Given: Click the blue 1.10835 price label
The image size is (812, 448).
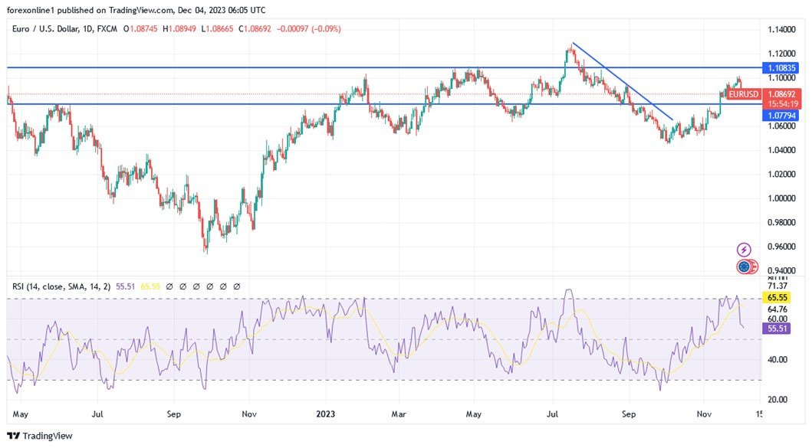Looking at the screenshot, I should click(x=781, y=68).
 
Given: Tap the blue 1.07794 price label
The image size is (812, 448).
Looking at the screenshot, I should click(x=781, y=115).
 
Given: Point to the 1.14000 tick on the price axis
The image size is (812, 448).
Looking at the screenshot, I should click(x=781, y=29).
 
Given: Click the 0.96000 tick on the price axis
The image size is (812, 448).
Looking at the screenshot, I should click(x=781, y=247).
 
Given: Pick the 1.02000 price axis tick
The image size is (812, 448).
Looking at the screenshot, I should click(x=781, y=174).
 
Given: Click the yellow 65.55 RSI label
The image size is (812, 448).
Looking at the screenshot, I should click(x=778, y=297).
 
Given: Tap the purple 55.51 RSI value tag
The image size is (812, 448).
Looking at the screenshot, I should click(x=778, y=328).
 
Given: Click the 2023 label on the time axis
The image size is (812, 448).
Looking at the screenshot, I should click(x=326, y=414).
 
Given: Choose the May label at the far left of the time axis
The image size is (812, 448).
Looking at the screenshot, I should click(x=21, y=414).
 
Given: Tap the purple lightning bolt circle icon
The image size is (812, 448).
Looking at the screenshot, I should click(x=744, y=250).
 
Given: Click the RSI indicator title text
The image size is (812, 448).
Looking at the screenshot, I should click(x=61, y=286).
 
